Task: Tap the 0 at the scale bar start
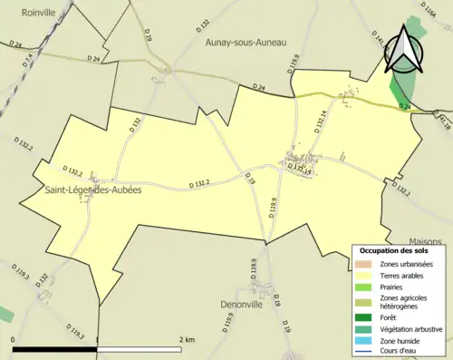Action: coord(14,339)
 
